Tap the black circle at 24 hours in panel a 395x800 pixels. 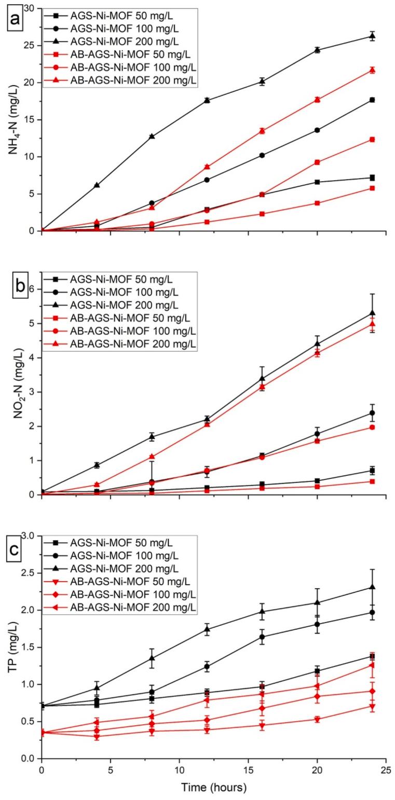(x=372, y=100)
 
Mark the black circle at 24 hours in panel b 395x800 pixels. (x=372, y=413)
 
